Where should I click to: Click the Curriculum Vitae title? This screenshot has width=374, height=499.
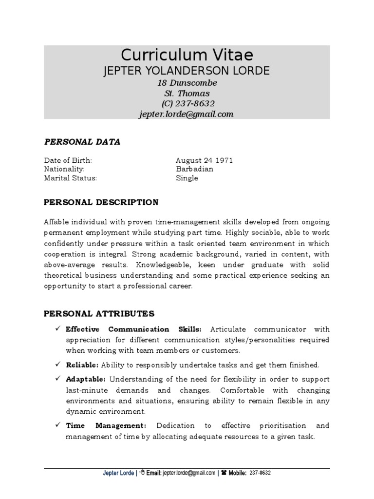click(x=187, y=54)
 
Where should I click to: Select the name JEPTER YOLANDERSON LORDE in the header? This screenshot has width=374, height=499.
click(x=187, y=71)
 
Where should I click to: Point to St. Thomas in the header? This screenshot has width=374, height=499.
click(x=187, y=93)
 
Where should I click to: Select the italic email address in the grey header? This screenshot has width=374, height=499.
click(x=187, y=115)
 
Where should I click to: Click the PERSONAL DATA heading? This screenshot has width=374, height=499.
click(x=82, y=142)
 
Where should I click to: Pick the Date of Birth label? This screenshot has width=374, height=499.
click(x=68, y=160)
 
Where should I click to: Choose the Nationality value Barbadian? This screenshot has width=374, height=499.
click(x=194, y=169)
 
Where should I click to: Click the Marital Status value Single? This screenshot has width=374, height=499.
click(x=187, y=178)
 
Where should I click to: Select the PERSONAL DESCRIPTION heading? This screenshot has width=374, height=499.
click(x=101, y=202)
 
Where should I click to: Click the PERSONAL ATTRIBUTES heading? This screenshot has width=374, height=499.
click(x=99, y=313)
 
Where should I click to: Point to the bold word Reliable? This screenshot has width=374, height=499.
click(x=82, y=365)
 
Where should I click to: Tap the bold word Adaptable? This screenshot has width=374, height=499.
click(x=86, y=379)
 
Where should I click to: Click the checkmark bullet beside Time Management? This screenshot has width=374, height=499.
click(x=57, y=425)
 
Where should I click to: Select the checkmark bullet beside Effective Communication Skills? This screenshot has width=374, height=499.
click(x=57, y=329)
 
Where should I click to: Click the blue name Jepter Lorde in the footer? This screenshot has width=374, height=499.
click(x=118, y=473)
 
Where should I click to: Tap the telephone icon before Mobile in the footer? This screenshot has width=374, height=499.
click(x=224, y=473)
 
